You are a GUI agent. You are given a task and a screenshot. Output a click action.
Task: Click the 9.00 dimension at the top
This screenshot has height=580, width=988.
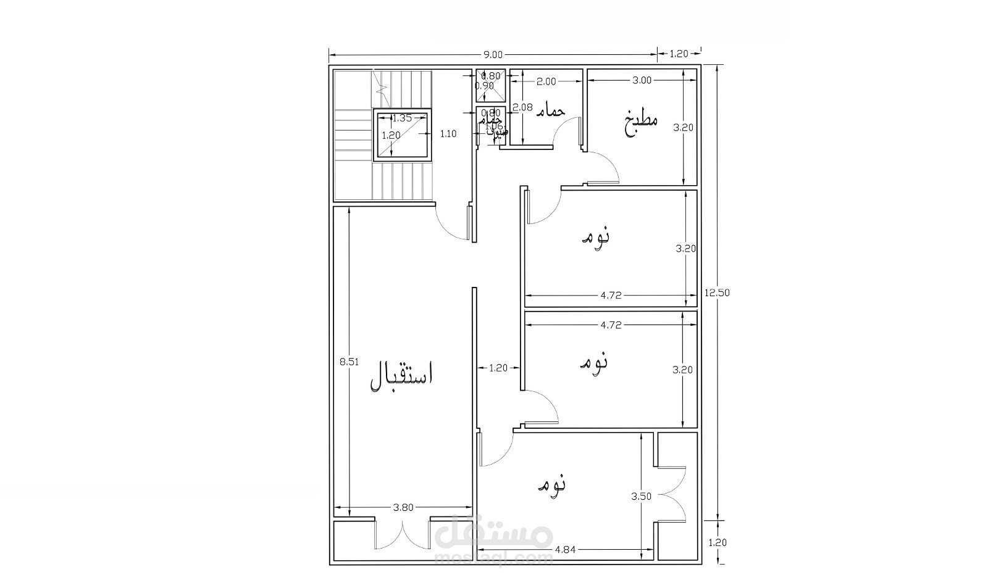point(493,54)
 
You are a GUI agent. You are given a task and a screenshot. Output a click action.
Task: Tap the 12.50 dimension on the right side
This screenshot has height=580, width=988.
point(717,293)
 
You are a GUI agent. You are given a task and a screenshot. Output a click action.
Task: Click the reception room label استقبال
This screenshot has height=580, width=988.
point(402,377)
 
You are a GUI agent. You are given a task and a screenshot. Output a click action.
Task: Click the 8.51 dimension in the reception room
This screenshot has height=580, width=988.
point(349,362)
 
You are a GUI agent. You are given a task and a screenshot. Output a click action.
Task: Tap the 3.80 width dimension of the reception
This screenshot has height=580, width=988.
point(403,508)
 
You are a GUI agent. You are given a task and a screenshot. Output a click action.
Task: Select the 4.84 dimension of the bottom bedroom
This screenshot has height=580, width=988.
point(566,549)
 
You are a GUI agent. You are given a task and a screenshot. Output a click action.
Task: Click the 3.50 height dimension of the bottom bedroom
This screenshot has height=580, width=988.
point(641,495)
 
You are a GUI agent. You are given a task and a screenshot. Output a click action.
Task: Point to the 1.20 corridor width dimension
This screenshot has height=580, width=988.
point(498,368)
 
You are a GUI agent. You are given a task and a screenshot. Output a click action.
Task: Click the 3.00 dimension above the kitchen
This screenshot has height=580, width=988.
point(642,80)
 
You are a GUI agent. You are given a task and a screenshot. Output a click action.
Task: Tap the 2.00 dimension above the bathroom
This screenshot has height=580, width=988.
point(546,81)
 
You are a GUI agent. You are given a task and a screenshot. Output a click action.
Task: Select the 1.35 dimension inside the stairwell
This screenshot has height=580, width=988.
point(402,118)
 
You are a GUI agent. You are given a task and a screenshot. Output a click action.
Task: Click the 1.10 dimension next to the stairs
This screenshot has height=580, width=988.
point(448,133)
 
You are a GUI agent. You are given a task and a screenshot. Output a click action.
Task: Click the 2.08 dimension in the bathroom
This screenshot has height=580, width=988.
point(523,107)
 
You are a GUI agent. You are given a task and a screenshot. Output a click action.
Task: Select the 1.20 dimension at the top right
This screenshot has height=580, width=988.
point(678,54)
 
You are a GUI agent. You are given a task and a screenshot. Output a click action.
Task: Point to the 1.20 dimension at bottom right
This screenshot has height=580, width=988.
point(717,543)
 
